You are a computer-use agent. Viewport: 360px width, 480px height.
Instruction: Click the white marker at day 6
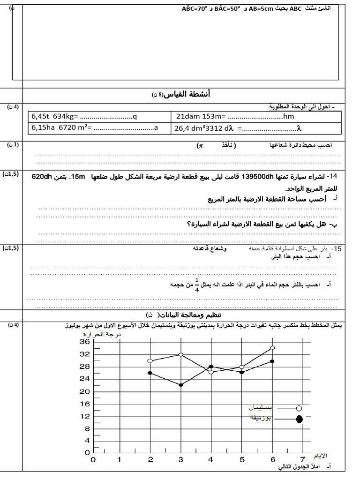272,348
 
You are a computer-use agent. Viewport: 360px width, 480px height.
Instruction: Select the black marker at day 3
180,385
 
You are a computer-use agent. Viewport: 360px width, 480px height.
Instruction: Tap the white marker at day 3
180,354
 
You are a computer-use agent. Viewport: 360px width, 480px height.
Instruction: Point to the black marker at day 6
272,361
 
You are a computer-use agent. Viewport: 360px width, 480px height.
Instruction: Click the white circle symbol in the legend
299,408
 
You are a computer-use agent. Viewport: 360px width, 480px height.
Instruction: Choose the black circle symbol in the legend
299,419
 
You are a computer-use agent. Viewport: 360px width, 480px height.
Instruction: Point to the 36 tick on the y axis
84,342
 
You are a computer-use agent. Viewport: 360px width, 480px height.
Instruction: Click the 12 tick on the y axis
84,416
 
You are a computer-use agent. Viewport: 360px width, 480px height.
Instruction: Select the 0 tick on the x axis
93,460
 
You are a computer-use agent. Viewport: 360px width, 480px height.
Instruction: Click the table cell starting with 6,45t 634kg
99,116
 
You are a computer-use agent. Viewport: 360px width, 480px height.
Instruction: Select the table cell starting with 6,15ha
99,127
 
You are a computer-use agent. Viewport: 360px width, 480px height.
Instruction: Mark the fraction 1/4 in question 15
197,284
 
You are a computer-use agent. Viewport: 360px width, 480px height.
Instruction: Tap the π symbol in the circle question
200,146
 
